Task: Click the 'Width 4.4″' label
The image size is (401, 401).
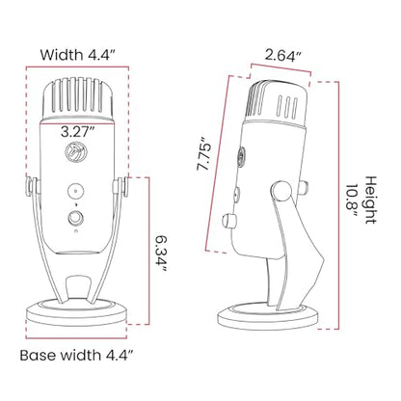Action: pyautogui.click(x=77, y=55)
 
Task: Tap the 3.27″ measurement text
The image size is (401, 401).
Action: pyautogui.click(x=78, y=132)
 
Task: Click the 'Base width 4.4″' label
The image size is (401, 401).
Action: pyautogui.click(x=77, y=356)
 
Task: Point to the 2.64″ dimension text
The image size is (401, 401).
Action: pyautogui.click(x=283, y=55)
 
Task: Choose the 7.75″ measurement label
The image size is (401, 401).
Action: pyautogui.click(x=204, y=153)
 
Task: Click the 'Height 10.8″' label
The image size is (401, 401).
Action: pyautogui.click(x=362, y=200)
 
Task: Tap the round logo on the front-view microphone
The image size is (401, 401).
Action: pyautogui.click(x=73, y=151)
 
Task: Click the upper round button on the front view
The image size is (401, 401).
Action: pyautogui.click(x=76, y=192)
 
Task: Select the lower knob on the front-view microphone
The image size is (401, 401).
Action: pyautogui.click(x=76, y=218)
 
